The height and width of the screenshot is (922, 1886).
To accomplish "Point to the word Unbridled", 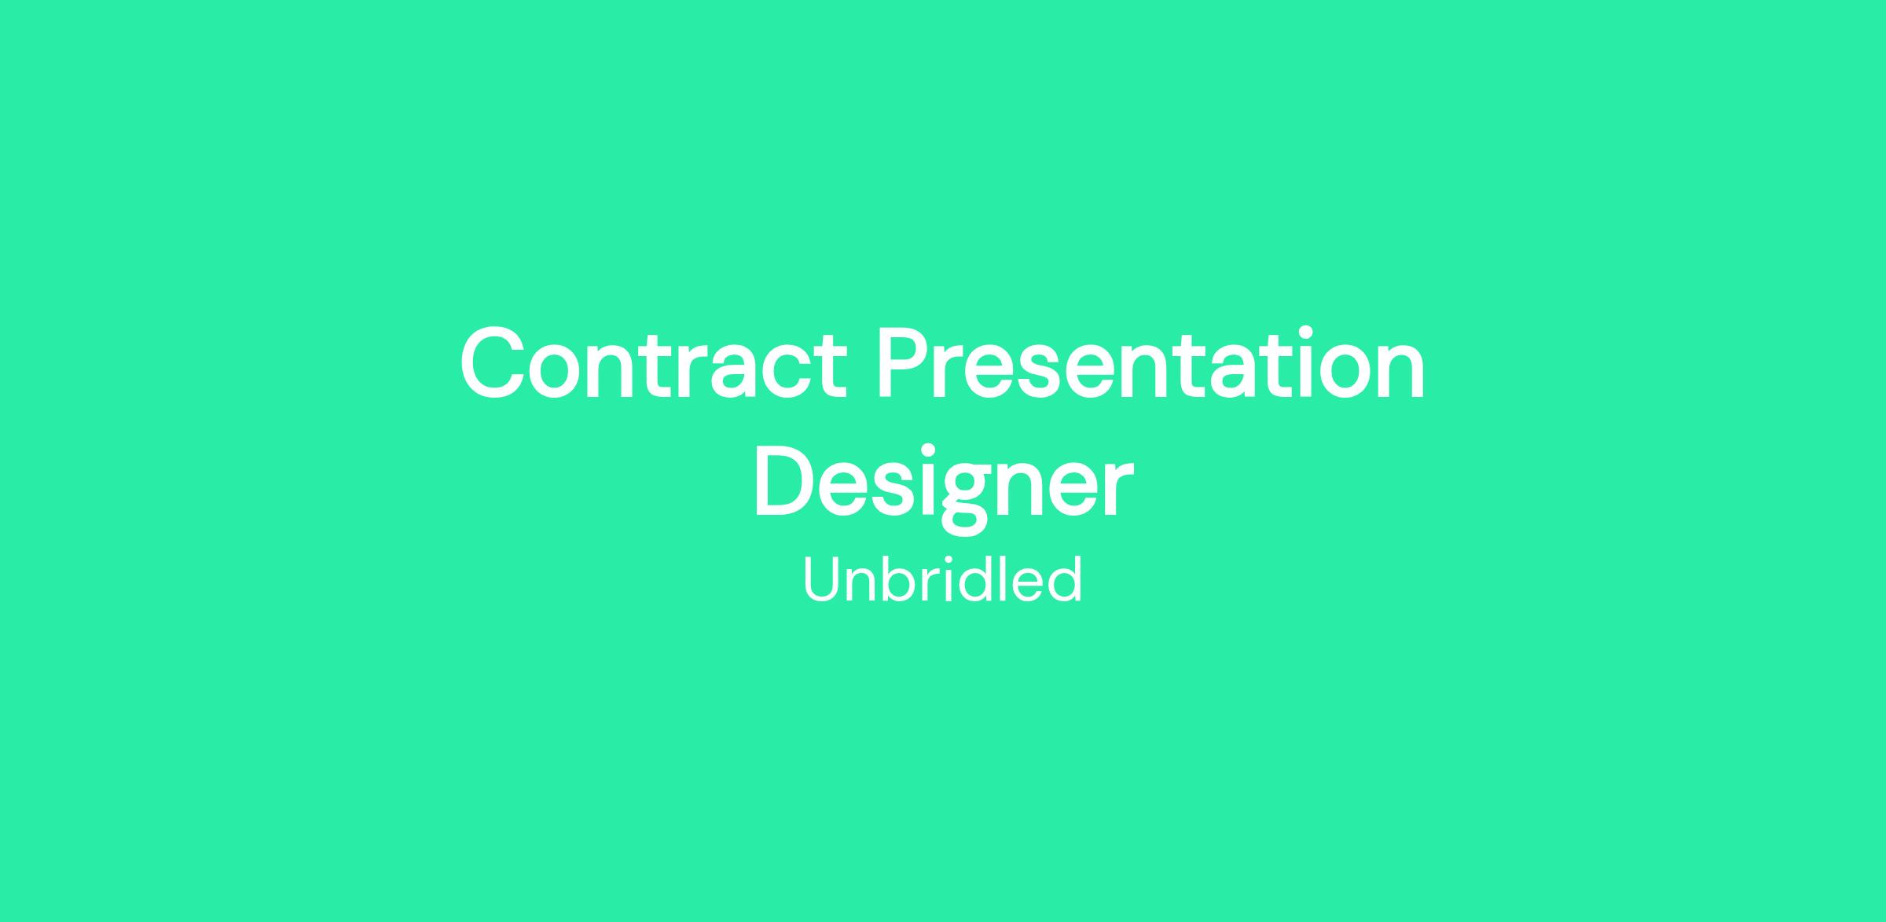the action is [942, 579].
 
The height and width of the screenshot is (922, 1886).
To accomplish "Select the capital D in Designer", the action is [787, 482].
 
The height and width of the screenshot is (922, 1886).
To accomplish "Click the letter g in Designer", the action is [967, 498].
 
